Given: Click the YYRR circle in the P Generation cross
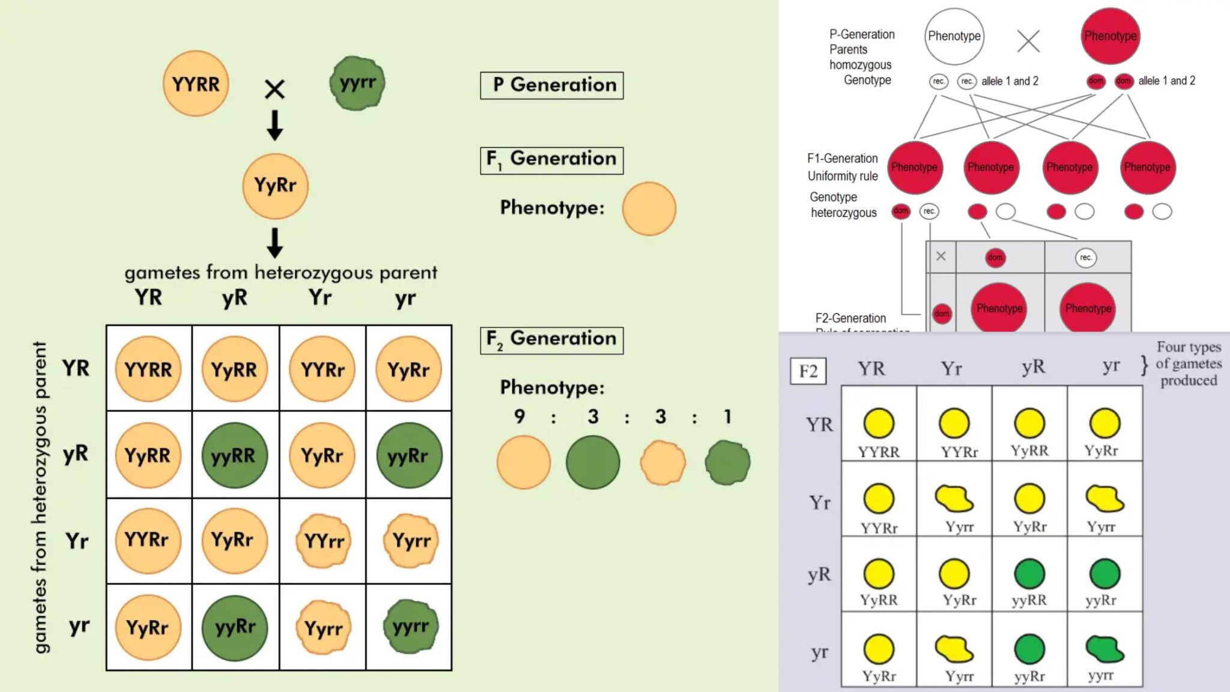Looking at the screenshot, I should (x=196, y=83).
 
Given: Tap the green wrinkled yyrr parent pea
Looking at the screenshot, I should (x=357, y=83).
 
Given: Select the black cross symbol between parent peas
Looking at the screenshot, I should (x=274, y=90).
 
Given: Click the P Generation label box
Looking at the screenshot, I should (x=551, y=85).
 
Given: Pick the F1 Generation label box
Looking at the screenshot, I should (x=551, y=160).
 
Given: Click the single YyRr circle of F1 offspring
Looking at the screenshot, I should (x=275, y=186).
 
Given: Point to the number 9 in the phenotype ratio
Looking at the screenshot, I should (x=520, y=416).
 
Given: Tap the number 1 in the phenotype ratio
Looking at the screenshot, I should (x=727, y=416).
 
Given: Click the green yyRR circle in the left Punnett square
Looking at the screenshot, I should (x=234, y=455).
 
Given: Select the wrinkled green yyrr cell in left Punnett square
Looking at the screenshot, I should (x=411, y=627).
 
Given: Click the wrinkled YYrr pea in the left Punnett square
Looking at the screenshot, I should (x=324, y=541).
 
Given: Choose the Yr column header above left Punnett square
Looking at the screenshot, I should (x=320, y=297).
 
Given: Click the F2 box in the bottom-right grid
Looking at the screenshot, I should (x=808, y=371).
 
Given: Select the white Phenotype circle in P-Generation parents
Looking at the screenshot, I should (x=954, y=36).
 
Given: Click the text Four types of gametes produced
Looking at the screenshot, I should (x=1188, y=363).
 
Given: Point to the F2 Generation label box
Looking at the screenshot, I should (x=551, y=340).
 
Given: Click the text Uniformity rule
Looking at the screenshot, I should (x=842, y=176).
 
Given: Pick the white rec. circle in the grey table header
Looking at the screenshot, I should (x=1085, y=258).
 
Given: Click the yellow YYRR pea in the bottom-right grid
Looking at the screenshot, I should (x=879, y=423).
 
